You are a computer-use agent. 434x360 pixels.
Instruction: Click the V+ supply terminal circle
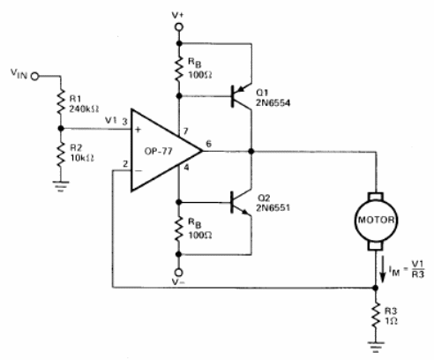click(179, 27)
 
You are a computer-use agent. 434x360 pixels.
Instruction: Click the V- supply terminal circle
click(178, 273)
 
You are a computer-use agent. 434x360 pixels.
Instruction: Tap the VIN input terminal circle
click(35, 77)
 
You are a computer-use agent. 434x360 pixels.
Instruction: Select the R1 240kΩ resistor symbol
click(61, 102)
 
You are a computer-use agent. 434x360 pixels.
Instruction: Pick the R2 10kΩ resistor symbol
click(61, 154)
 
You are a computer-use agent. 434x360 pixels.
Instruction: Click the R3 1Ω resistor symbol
click(376, 316)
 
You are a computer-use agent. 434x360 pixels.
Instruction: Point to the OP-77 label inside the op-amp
click(158, 151)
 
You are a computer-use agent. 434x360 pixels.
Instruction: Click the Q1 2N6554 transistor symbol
click(242, 96)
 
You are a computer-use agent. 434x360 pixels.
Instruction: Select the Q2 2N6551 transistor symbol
click(242, 202)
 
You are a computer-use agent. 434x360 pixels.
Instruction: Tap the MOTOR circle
click(376, 221)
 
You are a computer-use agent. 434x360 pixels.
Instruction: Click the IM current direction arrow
click(383, 269)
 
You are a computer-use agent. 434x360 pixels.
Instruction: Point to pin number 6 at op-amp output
click(208, 144)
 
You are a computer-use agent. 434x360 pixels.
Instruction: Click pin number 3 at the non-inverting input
click(124, 121)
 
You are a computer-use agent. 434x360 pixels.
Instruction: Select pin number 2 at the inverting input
click(125, 164)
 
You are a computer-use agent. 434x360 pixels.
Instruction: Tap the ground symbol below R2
click(61, 186)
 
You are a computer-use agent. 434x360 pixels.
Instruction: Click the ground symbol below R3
click(376, 347)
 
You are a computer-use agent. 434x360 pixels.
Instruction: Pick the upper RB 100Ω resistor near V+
click(179, 70)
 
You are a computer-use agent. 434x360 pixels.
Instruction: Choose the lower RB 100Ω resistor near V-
click(178, 229)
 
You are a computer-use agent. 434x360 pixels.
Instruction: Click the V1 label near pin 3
click(111, 120)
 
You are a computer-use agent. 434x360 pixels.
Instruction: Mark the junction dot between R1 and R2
click(61, 129)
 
